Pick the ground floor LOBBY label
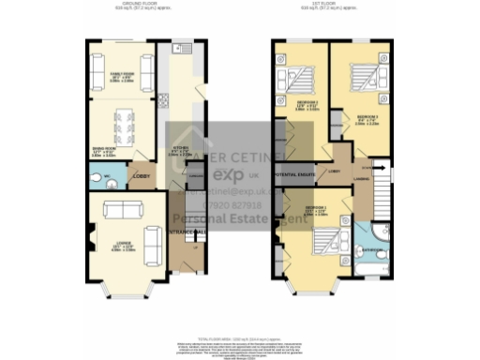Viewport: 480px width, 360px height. [140, 175]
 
